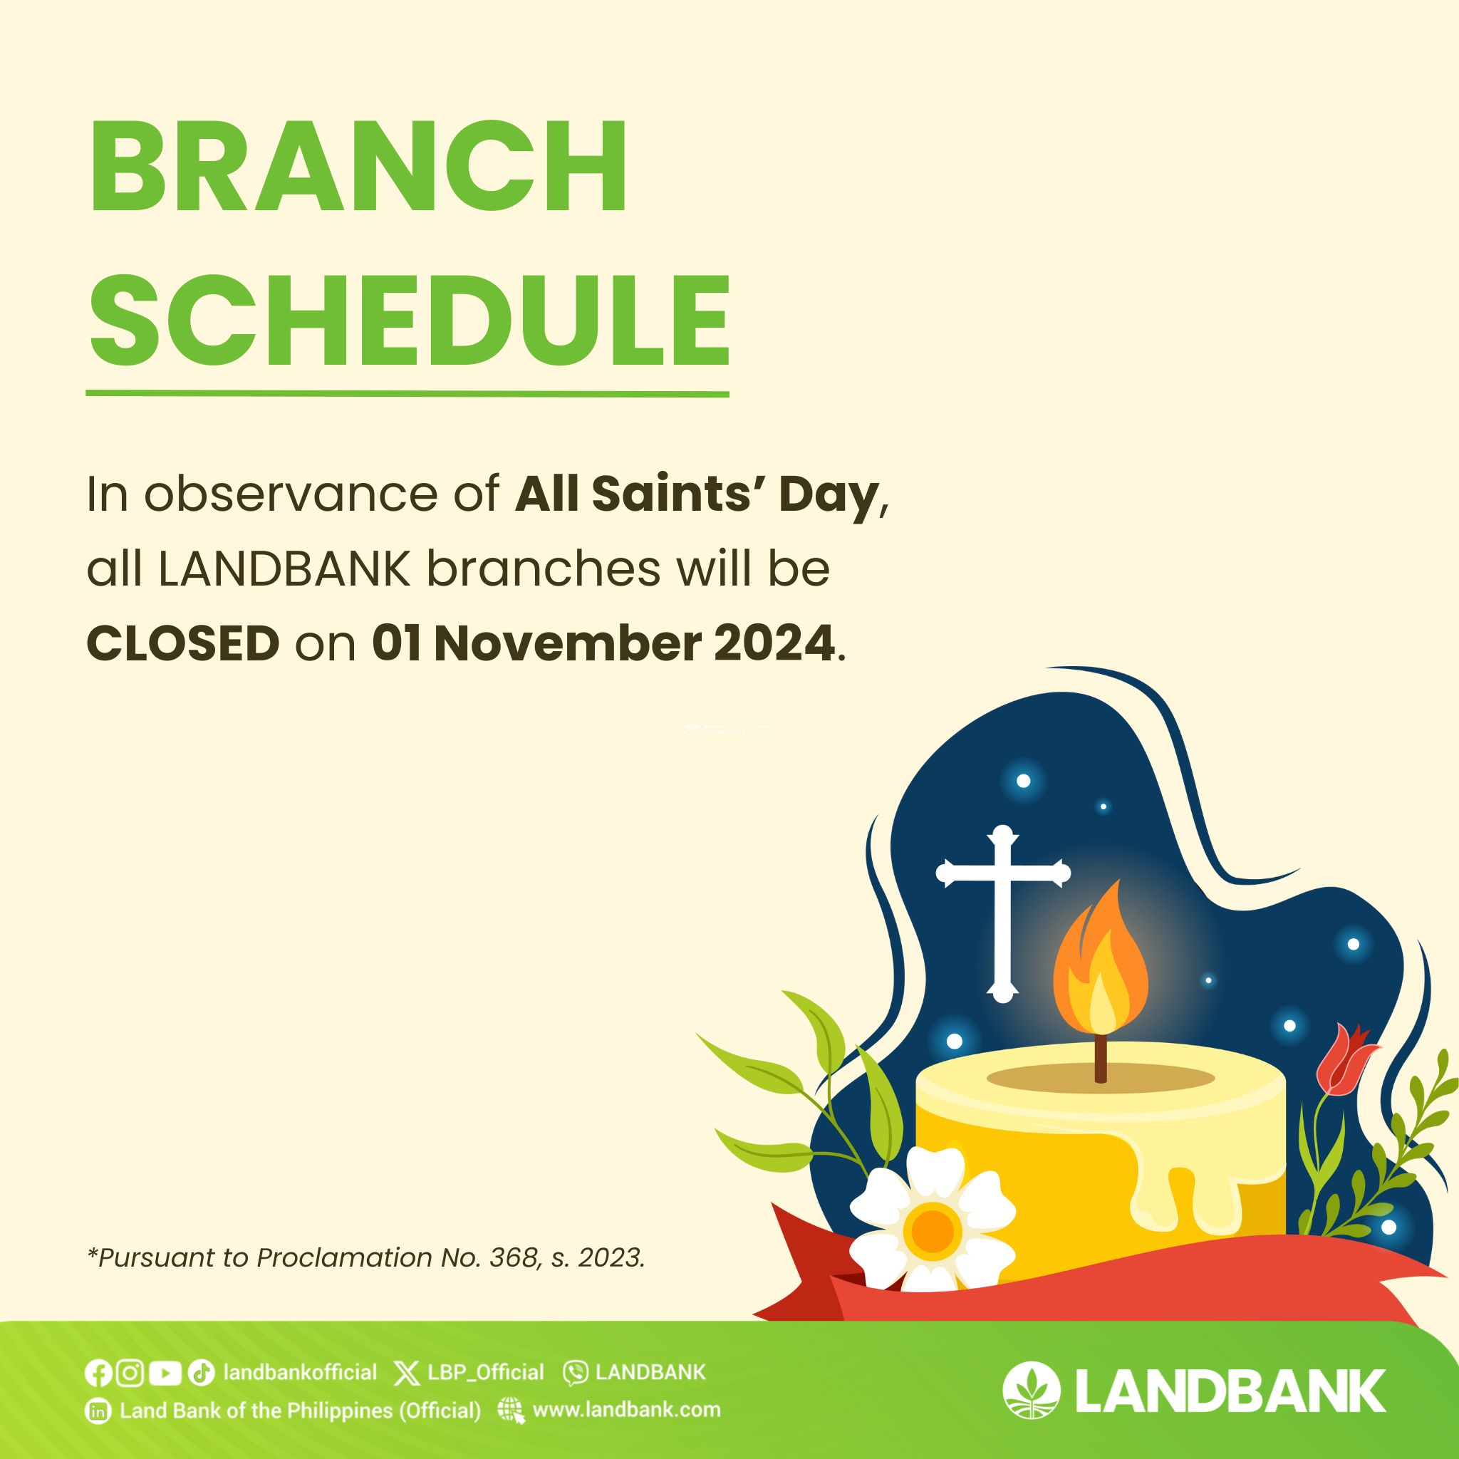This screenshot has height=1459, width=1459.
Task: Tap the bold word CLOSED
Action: pyautogui.click(x=184, y=644)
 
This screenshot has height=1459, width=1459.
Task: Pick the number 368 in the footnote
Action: pyautogui.click(x=514, y=1257)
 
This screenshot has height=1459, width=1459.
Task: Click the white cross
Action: pyautogui.click(x=1003, y=914)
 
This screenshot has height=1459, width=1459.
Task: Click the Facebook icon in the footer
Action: pyautogui.click(x=98, y=1372)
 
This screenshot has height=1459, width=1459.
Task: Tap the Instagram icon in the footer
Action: pyautogui.click(x=130, y=1372)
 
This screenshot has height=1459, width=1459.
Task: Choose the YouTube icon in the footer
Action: pyautogui.click(x=165, y=1372)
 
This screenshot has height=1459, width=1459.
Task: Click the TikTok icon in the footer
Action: pyautogui.click(x=201, y=1372)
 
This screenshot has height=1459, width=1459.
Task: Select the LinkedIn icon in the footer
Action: pyautogui.click(x=98, y=1411)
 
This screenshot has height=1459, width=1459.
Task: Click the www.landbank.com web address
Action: pyautogui.click(x=627, y=1410)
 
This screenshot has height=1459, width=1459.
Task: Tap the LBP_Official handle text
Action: pyautogui.click(x=486, y=1372)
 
